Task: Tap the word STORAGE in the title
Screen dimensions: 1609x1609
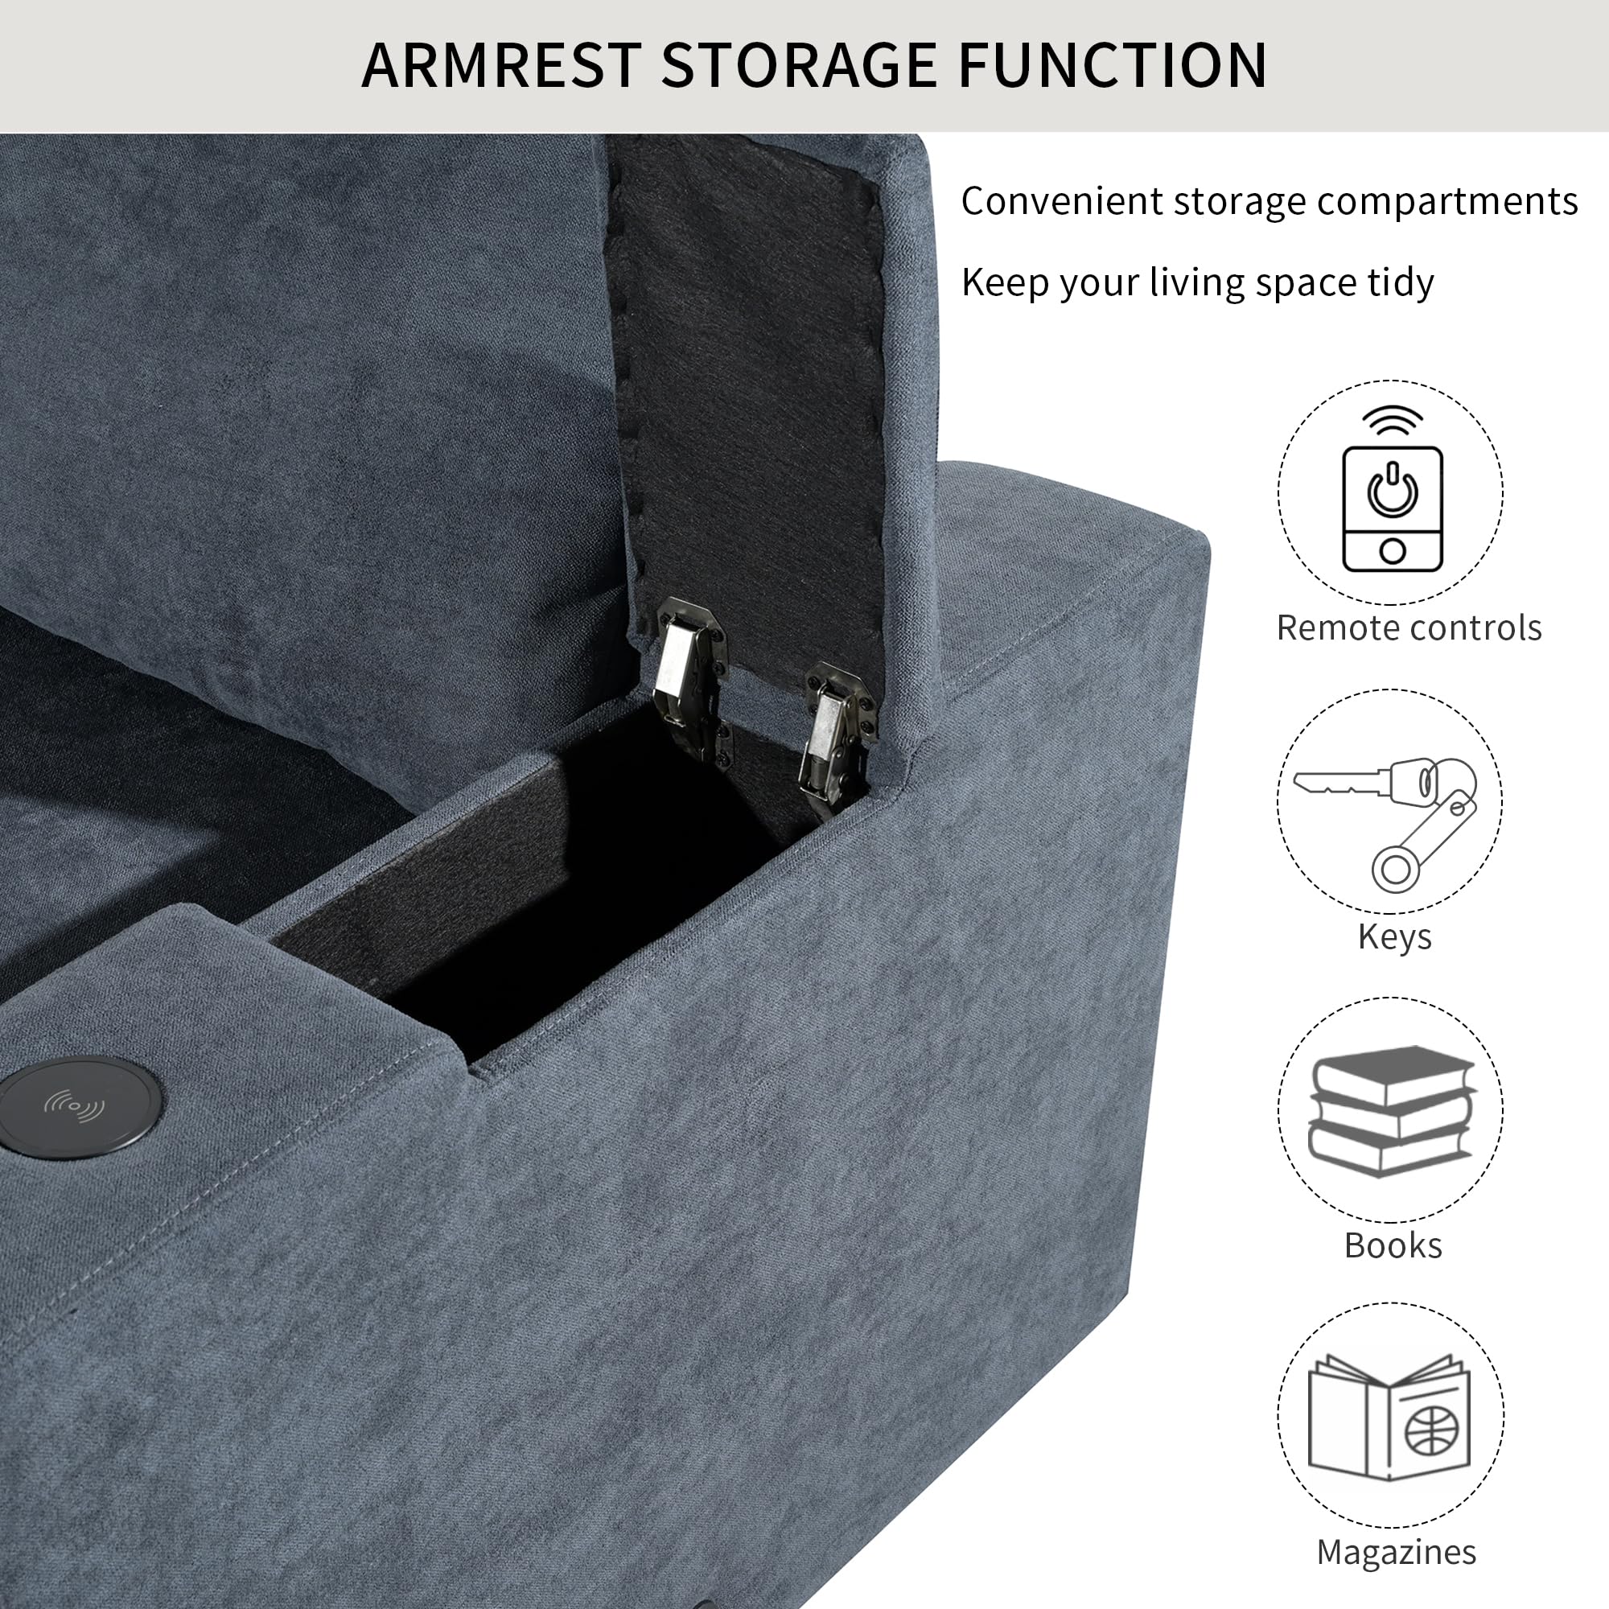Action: (x=800, y=65)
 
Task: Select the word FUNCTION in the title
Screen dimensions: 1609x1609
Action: (x=1113, y=65)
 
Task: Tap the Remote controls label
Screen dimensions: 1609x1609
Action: (x=1409, y=628)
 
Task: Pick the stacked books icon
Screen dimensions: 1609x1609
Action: (x=1392, y=1110)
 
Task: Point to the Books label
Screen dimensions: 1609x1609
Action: (x=1393, y=1246)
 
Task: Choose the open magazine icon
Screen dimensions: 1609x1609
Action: (x=1390, y=1418)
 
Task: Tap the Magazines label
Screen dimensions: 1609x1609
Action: (x=1396, y=1553)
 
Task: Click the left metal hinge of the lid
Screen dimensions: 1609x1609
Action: (x=692, y=679)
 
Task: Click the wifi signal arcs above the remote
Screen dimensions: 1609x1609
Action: (x=1392, y=422)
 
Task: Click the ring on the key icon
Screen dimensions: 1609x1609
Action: (x=1396, y=871)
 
